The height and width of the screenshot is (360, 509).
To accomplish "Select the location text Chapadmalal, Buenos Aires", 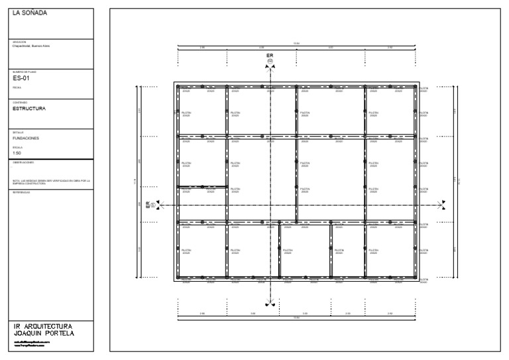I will [x=31, y=46].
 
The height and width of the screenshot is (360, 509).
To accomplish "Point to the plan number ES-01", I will [x=22, y=78].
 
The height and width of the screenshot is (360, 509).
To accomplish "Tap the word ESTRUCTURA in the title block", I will [x=29, y=107].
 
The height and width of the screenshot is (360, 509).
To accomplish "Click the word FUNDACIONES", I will [x=27, y=138].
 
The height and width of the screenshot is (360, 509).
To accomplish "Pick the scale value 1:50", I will [x=17, y=152].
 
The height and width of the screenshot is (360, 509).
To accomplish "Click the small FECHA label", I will [x=17, y=88].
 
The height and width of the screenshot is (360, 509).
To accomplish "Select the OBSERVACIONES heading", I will [x=23, y=162].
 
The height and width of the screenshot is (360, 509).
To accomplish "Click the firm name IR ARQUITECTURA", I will [x=42, y=326].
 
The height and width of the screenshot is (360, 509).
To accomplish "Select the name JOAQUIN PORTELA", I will [x=44, y=333].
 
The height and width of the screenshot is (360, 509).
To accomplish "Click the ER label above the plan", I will [x=270, y=56].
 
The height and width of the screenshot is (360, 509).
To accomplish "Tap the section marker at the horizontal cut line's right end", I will [x=441, y=206].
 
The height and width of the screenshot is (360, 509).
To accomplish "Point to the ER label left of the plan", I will [x=148, y=206].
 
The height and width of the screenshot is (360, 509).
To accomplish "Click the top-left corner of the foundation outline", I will [x=175, y=83].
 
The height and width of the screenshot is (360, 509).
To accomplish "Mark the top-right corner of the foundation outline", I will [x=416, y=83].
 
